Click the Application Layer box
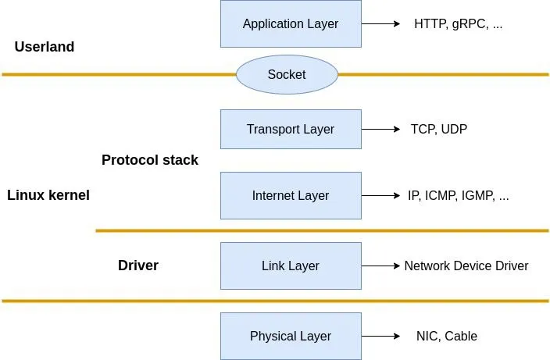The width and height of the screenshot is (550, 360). [x=291, y=23]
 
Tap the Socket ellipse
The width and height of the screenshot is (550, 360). [x=287, y=75]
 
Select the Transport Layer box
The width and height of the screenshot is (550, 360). [x=291, y=129]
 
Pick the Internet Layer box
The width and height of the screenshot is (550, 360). [x=291, y=195]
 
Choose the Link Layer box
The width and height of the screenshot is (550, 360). [x=291, y=266]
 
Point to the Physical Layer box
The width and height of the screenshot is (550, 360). [x=291, y=336]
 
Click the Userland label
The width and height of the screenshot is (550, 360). [x=45, y=47]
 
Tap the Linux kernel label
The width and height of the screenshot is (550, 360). [x=48, y=195]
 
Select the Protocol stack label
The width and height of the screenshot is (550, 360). [x=150, y=160]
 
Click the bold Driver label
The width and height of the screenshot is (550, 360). [x=138, y=266]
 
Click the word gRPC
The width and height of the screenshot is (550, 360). [x=466, y=23]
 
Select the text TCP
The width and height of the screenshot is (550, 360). [x=423, y=129]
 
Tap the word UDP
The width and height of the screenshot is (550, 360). [x=454, y=129]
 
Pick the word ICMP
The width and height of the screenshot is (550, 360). [x=441, y=195]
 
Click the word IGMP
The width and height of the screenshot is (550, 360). [x=477, y=195]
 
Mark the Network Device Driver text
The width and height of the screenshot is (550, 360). [x=466, y=266]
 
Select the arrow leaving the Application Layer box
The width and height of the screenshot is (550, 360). [x=380, y=23]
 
